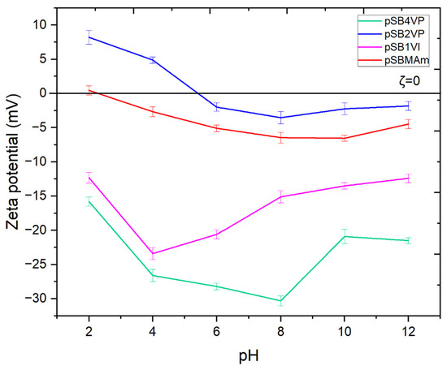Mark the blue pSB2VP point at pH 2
tap(89, 37)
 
